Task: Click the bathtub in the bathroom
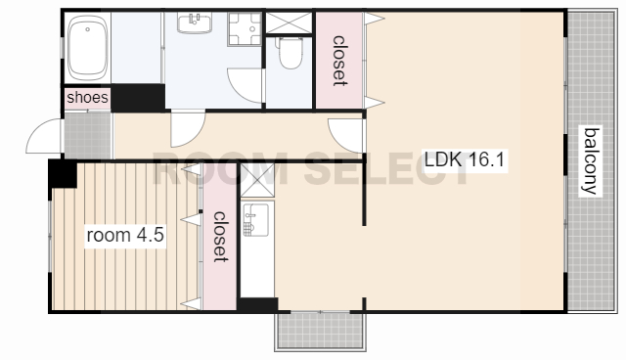click(x=87, y=48)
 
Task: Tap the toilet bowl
click(x=290, y=52)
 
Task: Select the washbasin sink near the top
click(x=195, y=22)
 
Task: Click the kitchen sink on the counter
click(x=255, y=219)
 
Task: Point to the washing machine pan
click(x=245, y=28)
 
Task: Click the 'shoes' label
click(x=87, y=98)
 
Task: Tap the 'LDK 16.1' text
click(x=465, y=159)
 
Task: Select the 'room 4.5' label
click(x=125, y=235)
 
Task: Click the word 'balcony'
click(x=591, y=160)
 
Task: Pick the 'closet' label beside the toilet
click(x=339, y=61)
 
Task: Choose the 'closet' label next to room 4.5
click(x=220, y=237)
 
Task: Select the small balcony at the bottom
click(x=320, y=331)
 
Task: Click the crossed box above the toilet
click(x=289, y=22)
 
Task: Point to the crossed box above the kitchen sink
click(x=257, y=180)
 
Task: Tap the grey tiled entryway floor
click(x=87, y=136)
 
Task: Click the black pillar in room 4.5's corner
click(x=63, y=173)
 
